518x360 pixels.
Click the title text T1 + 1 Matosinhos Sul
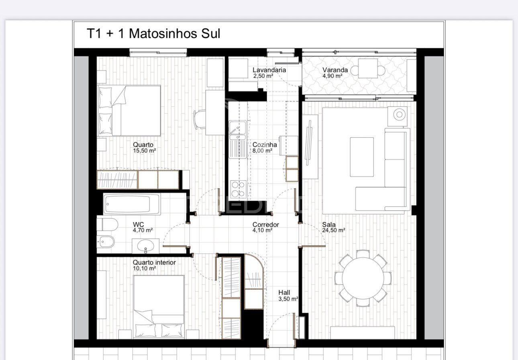pos(153,33)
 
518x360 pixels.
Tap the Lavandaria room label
pos(269,70)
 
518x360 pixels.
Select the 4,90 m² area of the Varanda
pos(332,76)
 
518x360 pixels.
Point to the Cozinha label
pos(265,145)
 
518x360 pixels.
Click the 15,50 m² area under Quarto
pos(144,151)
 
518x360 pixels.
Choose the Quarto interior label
pos(154,263)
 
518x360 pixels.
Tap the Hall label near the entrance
pos(284,292)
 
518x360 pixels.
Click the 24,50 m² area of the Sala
pos(334,230)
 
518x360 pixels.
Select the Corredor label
pos(266,225)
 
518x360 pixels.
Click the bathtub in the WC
pos(132,204)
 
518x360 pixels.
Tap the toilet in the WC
pos(107,225)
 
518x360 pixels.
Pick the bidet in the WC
pos(106,242)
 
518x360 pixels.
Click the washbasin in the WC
pos(145,246)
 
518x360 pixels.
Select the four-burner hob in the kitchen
pos(239,189)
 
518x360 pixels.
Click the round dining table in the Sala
pos(363,278)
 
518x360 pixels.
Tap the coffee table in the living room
pos(362,157)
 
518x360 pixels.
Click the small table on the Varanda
pos(368,68)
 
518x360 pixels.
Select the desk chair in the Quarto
pos(200,120)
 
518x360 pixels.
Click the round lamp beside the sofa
pos(399,115)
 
